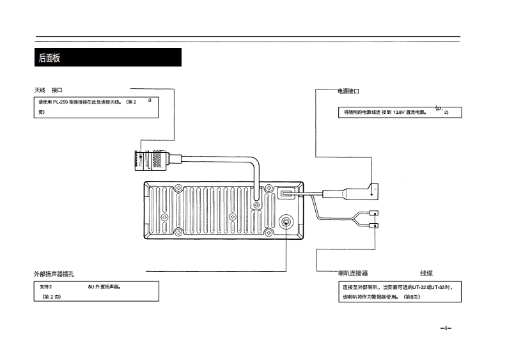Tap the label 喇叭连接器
[x=353, y=273]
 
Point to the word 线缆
[x=430, y=273]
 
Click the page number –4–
[x=446, y=328]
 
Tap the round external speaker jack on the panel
[x=286, y=223]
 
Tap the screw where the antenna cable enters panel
[x=257, y=206]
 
